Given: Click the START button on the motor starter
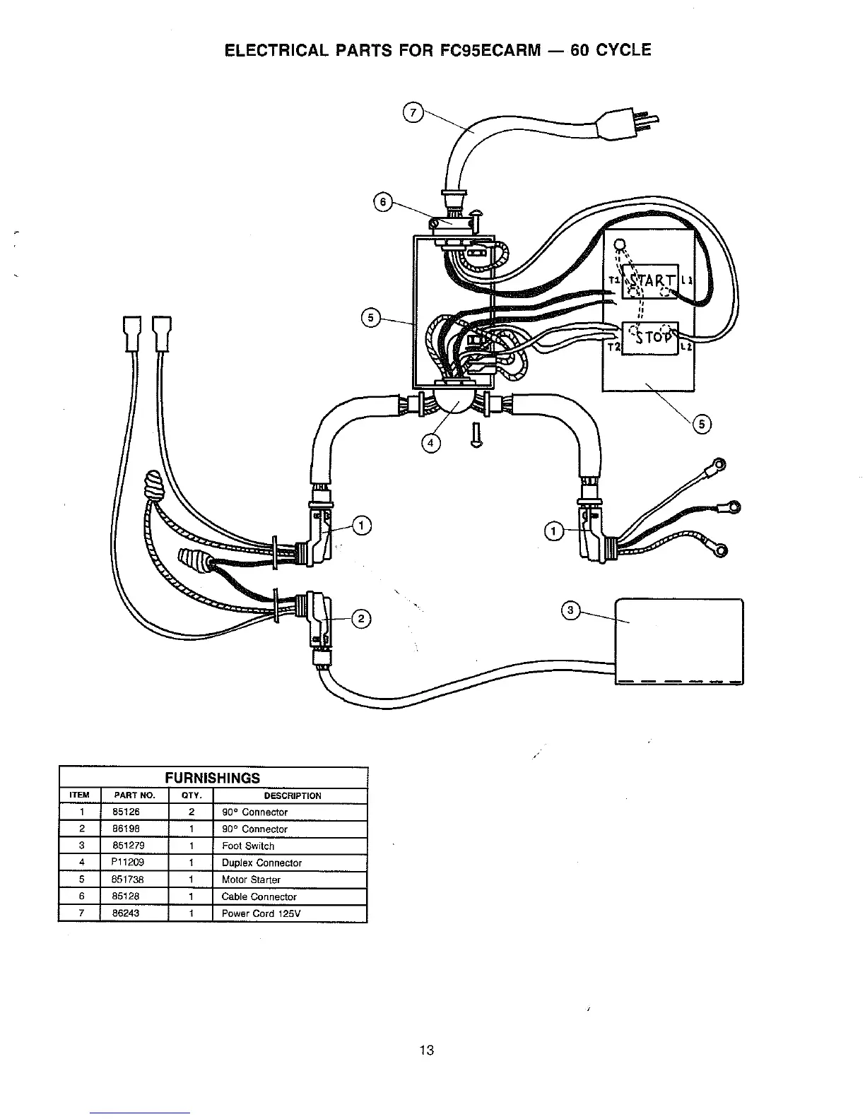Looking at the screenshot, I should pyautogui.click(x=649, y=281).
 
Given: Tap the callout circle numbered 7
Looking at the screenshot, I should pyautogui.click(x=413, y=112).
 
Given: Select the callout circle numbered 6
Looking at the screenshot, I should pyautogui.click(x=383, y=203).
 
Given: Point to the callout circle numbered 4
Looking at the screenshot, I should pyautogui.click(x=430, y=443).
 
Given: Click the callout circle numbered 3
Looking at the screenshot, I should pyautogui.click(x=572, y=610).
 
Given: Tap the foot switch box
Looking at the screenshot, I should pyautogui.click(x=679, y=641).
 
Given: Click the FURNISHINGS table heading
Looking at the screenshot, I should pyautogui.click(x=212, y=778).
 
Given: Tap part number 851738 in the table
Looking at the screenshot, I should pyautogui.click(x=130, y=880).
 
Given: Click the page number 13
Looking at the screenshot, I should pyautogui.click(x=427, y=1049).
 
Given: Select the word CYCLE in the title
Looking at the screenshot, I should pyautogui.click(x=619, y=50).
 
